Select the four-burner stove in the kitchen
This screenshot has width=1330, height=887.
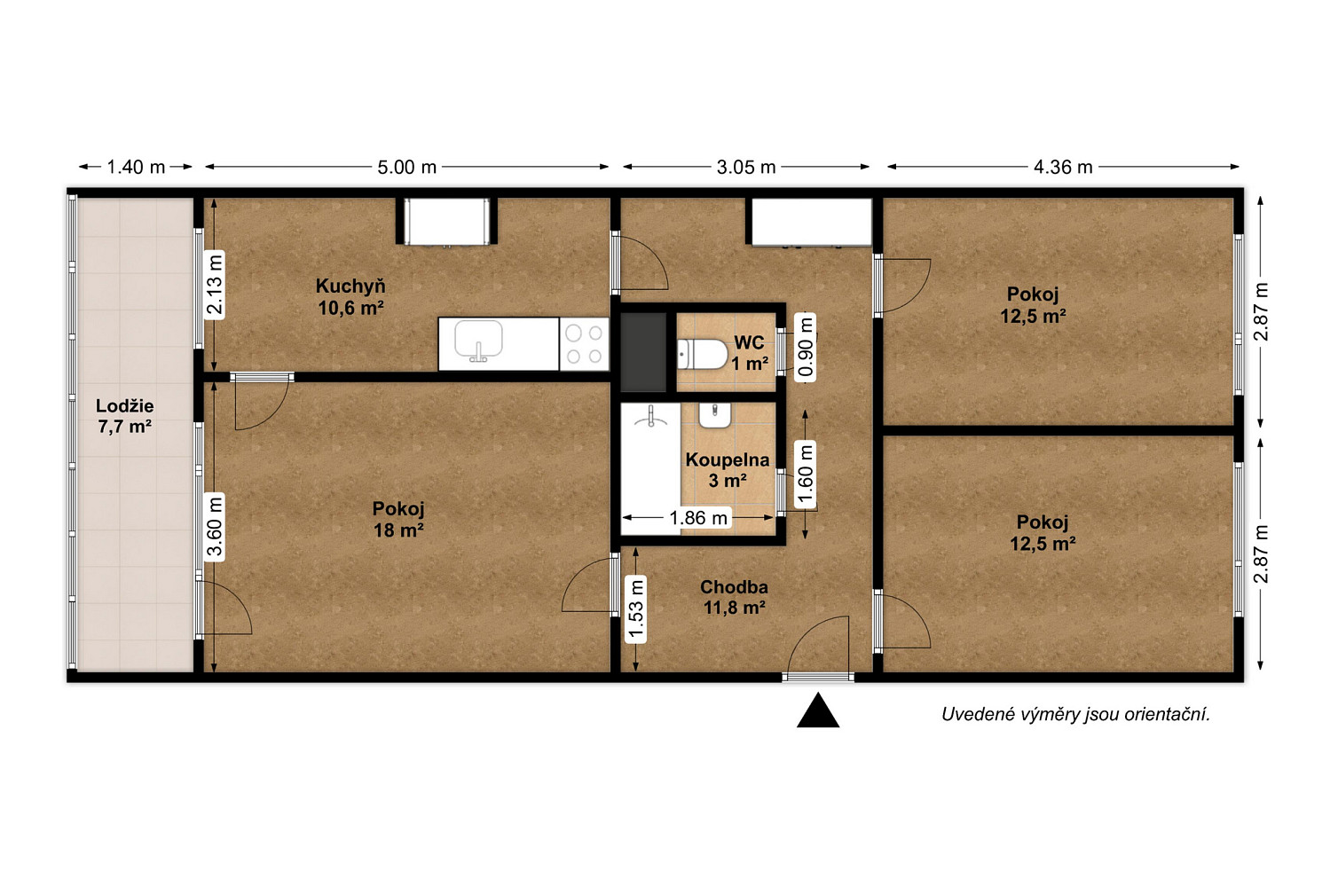(584, 344)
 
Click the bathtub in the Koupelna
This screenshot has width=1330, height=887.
(650, 468)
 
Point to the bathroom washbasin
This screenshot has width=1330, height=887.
(715, 416)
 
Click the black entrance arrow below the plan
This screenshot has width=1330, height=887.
(818, 710)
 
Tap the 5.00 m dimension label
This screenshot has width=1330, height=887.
(406, 168)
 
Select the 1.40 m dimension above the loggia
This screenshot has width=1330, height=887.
(136, 168)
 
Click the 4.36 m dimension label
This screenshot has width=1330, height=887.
(1063, 168)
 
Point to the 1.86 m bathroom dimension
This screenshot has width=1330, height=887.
(698, 518)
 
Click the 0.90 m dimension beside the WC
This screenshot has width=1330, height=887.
(805, 348)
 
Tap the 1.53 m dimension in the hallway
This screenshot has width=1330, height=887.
(636, 610)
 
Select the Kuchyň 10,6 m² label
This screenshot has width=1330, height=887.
(350, 297)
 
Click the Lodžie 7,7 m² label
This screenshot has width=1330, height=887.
(125, 416)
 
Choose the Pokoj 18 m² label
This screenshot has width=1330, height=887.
(398, 520)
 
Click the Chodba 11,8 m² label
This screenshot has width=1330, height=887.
(735, 597)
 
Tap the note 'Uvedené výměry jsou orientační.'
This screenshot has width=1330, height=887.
(1076, 714)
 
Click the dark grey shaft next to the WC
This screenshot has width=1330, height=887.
(643, 353)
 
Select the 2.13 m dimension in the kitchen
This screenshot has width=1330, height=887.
(215, 285)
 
